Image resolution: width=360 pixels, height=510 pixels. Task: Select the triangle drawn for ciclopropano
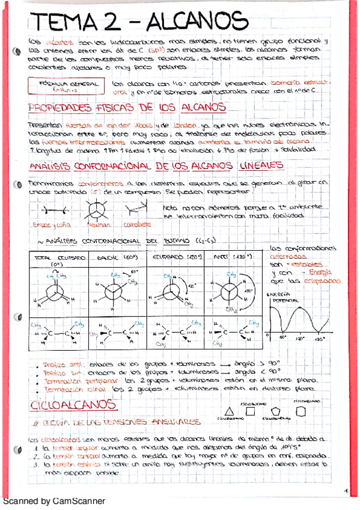(x=227, y=408)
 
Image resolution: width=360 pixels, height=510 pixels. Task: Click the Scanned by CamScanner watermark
(x=54, y=500)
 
